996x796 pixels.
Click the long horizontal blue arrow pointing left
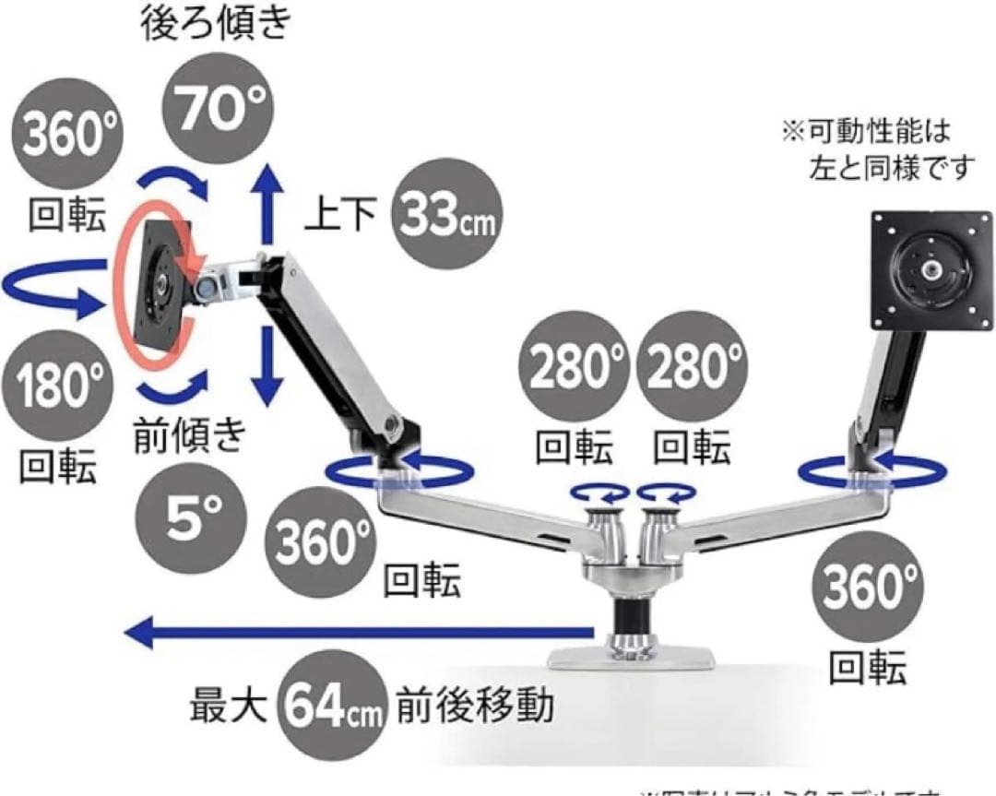point(360,633)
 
